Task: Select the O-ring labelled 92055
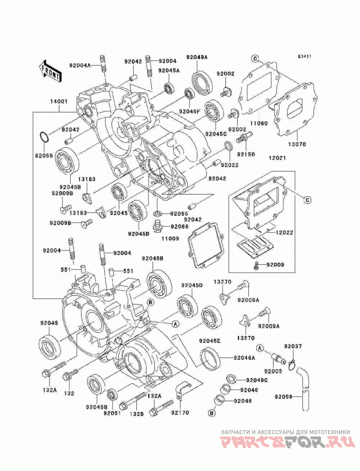coord(44,137)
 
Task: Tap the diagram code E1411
coord(305,56)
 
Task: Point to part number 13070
coord(297,144)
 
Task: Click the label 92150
coord(246,154)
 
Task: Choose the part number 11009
coord(170,239)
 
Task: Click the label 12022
coord(284,232)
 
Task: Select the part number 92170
coord(180,412)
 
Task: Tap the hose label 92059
coord(283,397)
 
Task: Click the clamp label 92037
coord(293,346)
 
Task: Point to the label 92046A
coord(245,358)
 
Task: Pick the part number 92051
coord(112,413)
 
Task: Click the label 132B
coord(137,413)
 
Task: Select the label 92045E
coord(210,340)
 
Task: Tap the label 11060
coord(259,123)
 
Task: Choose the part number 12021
coord(277,158)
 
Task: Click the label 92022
coord(229,165)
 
